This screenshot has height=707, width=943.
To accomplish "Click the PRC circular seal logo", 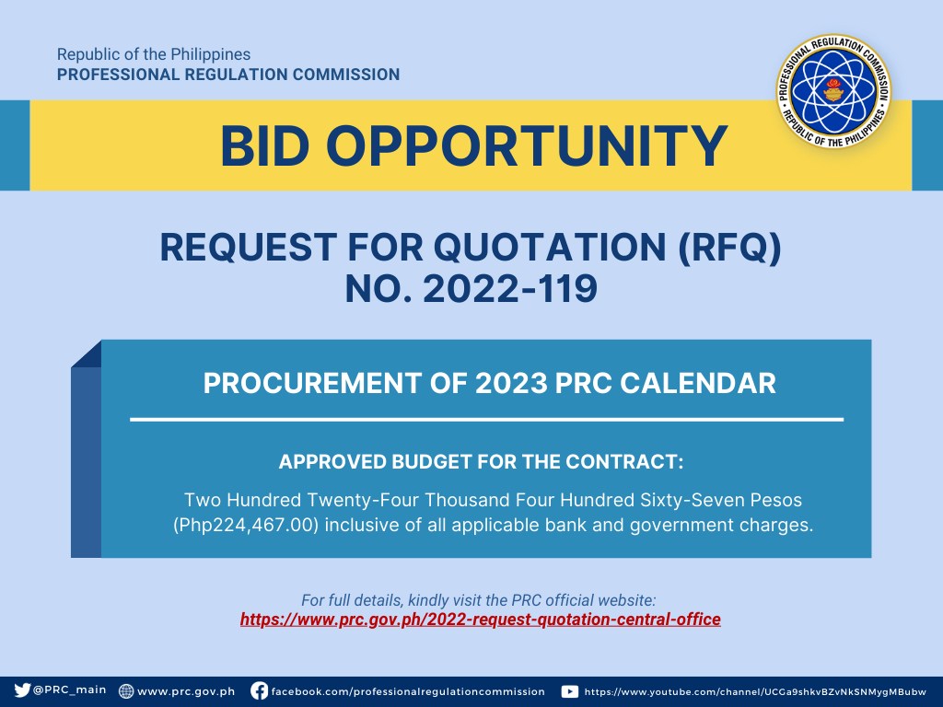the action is click(833, 91).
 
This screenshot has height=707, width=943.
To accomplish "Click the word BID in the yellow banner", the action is click(265, 146).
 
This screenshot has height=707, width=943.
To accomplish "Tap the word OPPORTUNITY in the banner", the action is click(527, 146).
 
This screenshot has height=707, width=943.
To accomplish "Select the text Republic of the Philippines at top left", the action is click(154, 54).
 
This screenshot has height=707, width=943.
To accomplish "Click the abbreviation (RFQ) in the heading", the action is click(729, 248).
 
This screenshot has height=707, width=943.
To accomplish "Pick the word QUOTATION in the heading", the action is click(550, 248).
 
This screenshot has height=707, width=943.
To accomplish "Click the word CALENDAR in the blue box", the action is click(698, 384).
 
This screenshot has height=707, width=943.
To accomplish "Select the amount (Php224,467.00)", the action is click(245, 526).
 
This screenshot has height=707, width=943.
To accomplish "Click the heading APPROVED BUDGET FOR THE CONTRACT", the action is click(481, 462).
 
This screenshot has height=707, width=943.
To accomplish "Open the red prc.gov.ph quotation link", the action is click(481, 620).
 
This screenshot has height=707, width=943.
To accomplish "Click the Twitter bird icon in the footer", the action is click(22, 690).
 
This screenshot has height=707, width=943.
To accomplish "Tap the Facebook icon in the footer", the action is click(259, 690).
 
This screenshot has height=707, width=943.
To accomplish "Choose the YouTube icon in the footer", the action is click(569, 691).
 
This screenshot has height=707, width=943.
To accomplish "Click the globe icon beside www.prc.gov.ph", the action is click(126, 691).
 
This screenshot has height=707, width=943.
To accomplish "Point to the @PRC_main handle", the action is click(69, 690).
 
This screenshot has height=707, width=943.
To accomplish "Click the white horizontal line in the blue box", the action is click(486, 420).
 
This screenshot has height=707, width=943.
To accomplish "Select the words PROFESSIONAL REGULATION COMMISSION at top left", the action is click(228, 75).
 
